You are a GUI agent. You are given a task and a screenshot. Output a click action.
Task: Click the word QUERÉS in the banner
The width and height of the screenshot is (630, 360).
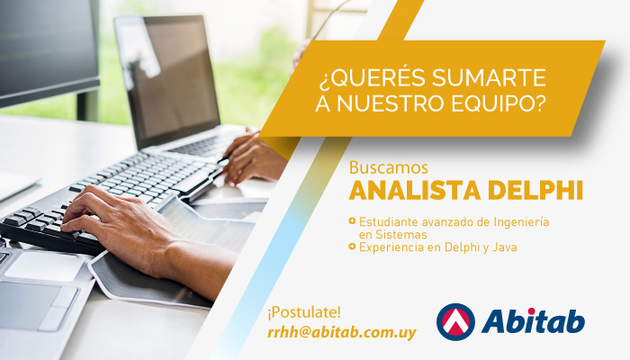[x=371, y=77]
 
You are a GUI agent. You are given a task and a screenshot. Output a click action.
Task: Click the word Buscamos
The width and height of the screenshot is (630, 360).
[x=389, y=167]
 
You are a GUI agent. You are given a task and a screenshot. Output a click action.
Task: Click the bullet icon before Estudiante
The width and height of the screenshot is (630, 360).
[x=353, y=220]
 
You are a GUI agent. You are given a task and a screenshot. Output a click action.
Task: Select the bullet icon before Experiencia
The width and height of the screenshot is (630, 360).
[x=353, y=246]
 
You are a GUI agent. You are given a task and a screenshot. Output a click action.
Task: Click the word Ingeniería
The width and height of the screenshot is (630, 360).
[x=521, y=222]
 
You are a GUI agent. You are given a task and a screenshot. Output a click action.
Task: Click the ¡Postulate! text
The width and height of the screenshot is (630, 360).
[x=304, y=312]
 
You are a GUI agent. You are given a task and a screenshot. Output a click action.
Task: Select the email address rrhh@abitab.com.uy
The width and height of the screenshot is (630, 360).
[x=342, y=333]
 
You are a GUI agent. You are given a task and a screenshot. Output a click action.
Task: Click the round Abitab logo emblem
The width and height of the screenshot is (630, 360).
[x=455, y=322]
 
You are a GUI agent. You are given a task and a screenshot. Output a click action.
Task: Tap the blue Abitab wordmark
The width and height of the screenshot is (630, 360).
[x=533, y=322]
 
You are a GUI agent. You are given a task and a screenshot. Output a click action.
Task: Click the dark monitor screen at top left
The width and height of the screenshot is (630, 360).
[x=48, y=50]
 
